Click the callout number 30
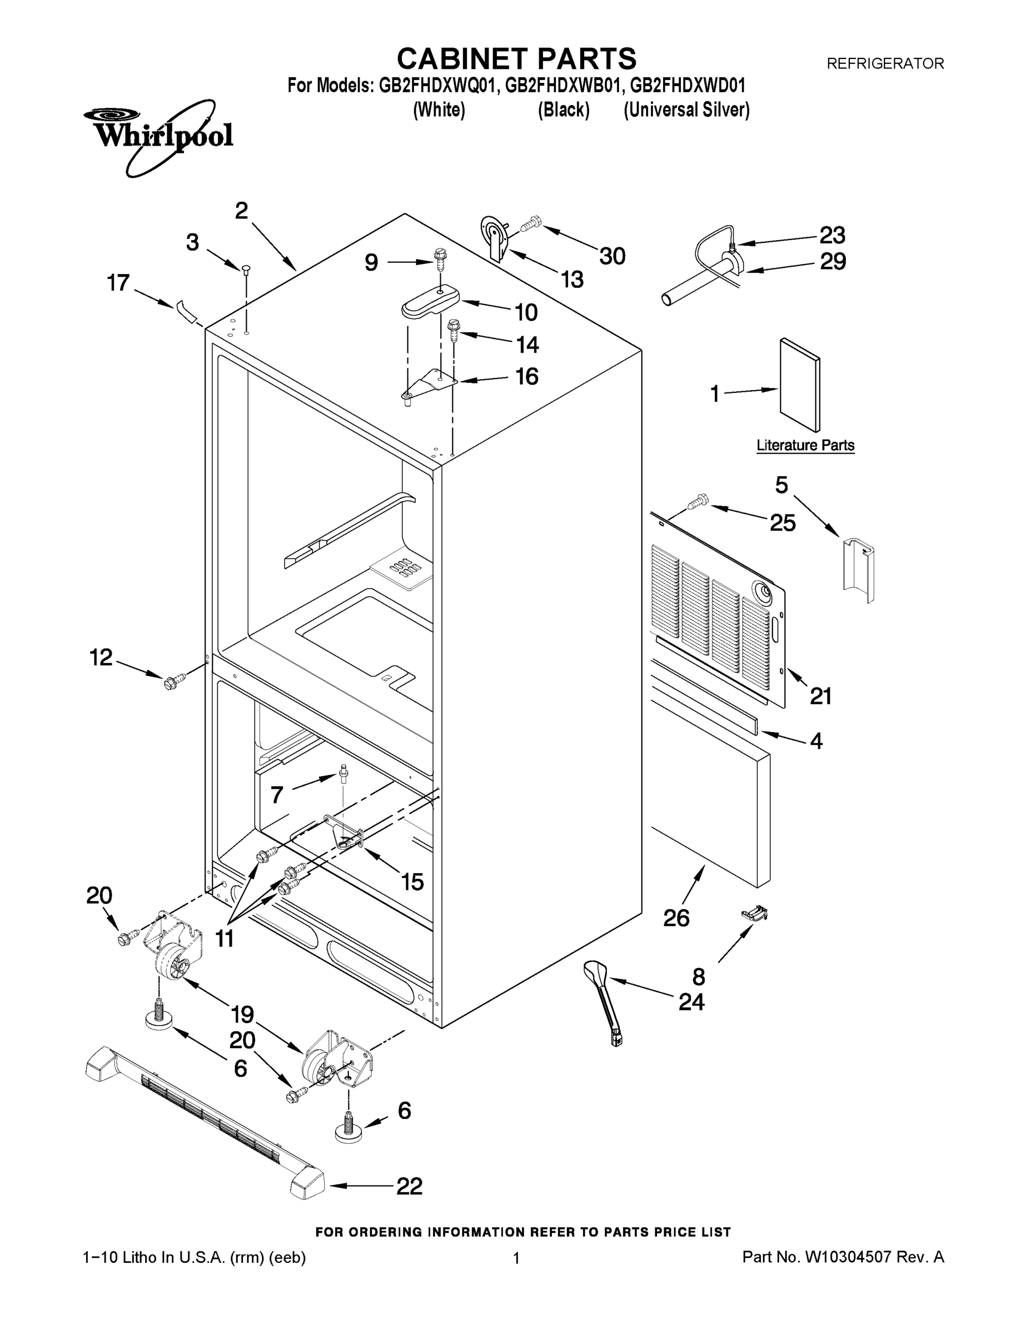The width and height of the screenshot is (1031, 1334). pos(612,257)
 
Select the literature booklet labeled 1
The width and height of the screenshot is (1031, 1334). pos(800,385)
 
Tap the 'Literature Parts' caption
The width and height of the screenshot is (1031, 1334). pos(805,445)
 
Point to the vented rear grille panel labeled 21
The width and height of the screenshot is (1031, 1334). pos(718,611)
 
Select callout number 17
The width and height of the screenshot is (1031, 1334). pos(118,283)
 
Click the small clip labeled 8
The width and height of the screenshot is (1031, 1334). pos(754,914)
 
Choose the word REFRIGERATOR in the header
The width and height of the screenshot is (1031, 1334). pos(885,63)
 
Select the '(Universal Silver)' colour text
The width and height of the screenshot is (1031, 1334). pos(686,110)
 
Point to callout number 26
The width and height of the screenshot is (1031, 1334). pos(676,918)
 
